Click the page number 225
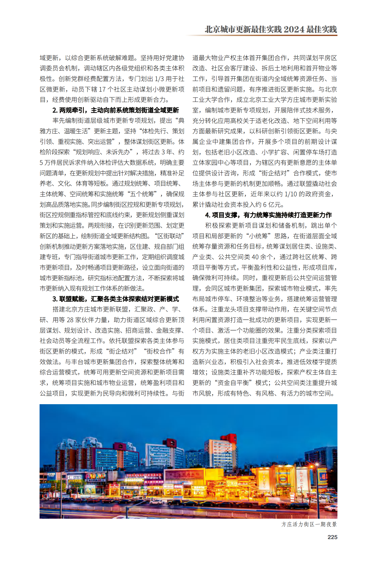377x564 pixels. coord(332,537)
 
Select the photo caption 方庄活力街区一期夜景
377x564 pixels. coord(309,524)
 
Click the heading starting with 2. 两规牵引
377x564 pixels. coord(116,110)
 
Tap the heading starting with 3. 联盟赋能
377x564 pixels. coord(116,299)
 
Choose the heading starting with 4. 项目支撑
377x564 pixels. coord(268,215)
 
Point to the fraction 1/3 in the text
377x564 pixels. coord(159,79)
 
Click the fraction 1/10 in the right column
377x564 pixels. coord(291,194)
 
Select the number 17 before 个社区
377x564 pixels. coord(102,89)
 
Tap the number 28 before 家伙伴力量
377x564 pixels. coord(70,320)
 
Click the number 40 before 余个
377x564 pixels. coord(255,257)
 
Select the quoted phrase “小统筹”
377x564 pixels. coord(258,236)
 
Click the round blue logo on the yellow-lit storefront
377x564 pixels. coord(283,479)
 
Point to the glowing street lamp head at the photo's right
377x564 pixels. coord(317,464)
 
